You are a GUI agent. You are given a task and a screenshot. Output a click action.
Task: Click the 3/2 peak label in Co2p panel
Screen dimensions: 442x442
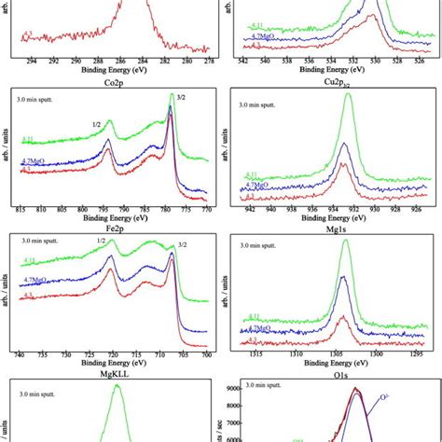coord(172,96)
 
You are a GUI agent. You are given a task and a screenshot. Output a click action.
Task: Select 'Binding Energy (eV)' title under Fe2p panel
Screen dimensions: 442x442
coord(110,365)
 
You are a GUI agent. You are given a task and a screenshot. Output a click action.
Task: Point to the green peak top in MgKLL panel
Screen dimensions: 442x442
coord(117,386)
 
